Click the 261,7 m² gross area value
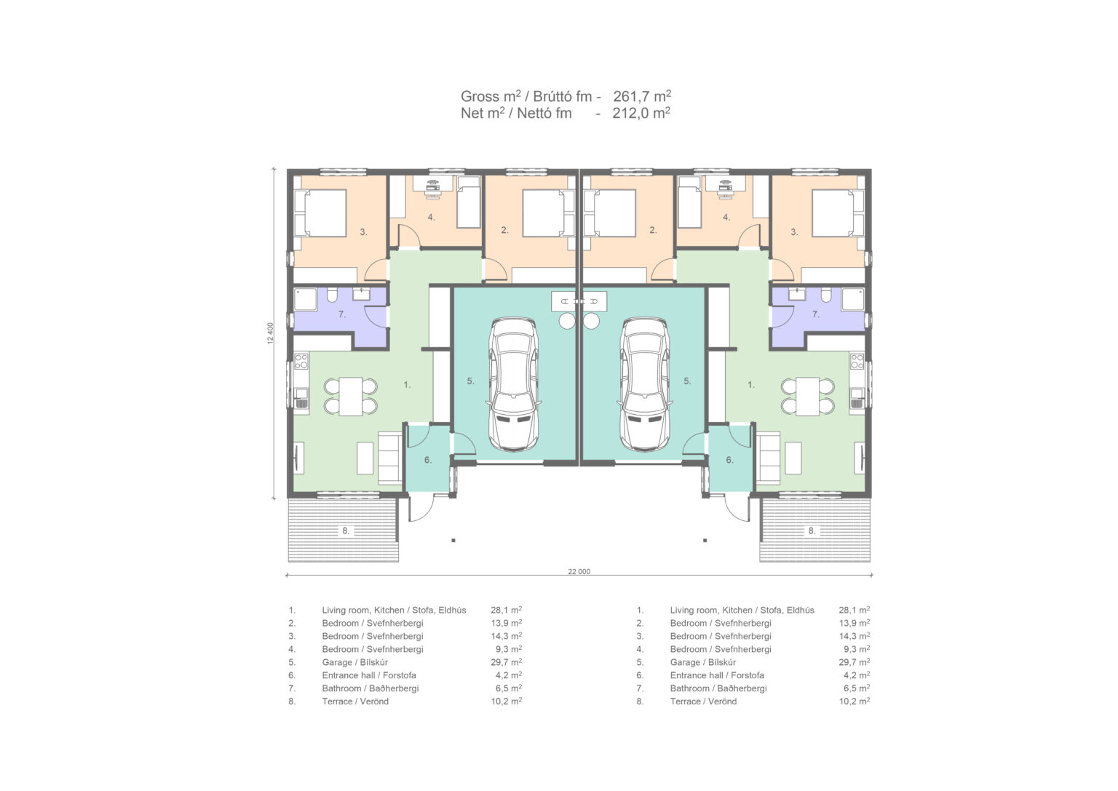[x=642, y=96]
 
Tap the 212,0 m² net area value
[x=641, y=113]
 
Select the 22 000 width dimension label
[x=579, y=571]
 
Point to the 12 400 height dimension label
[x=271, y=333]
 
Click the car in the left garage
[x=514, y=384]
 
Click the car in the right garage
[x=644, y=384]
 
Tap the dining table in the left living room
[x=351, y=397]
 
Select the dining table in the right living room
[x=807, y=397]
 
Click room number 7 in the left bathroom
[x=342, y=314]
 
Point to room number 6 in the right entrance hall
[x=730, y=460]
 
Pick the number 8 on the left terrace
[x=346, y=531]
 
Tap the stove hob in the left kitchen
[x=301, y=361]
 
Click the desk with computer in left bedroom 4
[x=433, y=186]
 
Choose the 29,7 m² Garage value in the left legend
[x=506, y=661]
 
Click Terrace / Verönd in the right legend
[x=703, y=701]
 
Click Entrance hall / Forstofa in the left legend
[x=369, y=675]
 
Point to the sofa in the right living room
[x=768, y=458]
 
